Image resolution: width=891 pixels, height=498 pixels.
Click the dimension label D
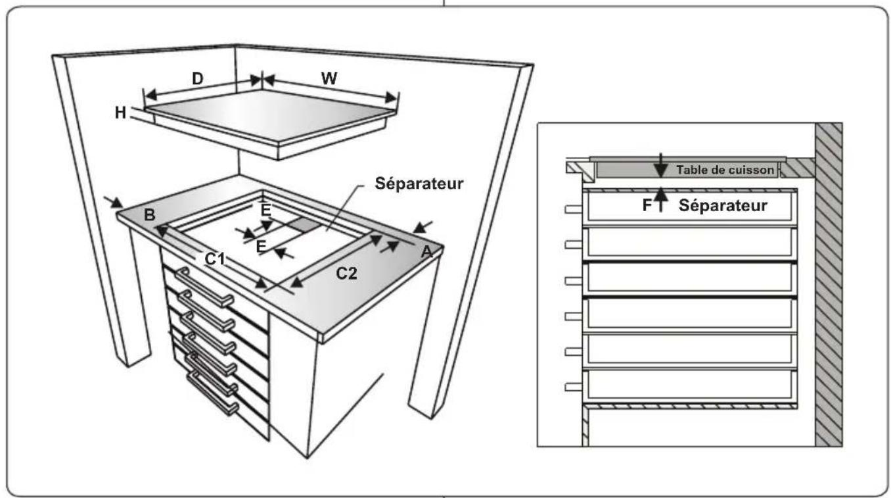tap(198, 78)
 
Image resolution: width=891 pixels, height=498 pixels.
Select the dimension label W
tap(329, 78)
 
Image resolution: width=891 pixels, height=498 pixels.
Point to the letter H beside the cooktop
tap(120, 112)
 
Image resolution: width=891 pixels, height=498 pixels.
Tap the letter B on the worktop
tap(149, 215)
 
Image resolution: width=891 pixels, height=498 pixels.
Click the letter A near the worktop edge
tap(426, 251)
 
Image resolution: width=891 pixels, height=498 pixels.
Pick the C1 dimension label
tap(214, 259)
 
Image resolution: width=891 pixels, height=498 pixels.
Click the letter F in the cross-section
tap(647, 205)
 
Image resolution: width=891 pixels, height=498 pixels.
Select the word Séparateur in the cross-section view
tap(723, 205)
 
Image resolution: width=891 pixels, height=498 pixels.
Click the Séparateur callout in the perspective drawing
tap(419, 184)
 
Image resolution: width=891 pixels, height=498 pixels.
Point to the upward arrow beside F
tap(662, 198)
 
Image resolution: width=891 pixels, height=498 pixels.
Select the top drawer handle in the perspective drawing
tap(203, 289)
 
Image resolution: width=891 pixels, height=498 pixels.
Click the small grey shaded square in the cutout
tap(302, 224)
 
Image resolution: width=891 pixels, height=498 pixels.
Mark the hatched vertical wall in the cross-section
tap(829, 283)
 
